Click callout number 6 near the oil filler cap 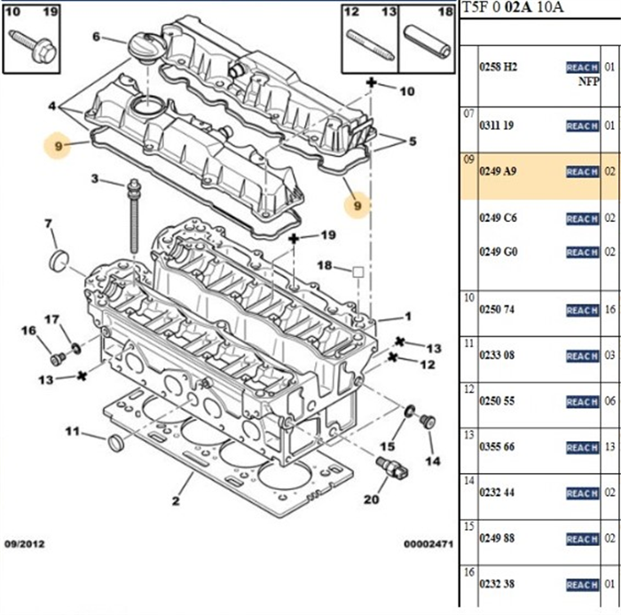coord(98,37)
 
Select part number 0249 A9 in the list coord(498,171)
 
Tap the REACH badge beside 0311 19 coord(582,126)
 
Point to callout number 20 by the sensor coord(371,500)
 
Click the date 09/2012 coord(25,543)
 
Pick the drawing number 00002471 coord(429,543)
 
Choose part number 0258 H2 coord(498,67)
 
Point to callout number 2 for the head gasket coord(176,503)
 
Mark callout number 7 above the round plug coord(49,223)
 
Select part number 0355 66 coord(498,447)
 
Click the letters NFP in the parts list coord(588,81)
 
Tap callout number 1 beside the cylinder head coord(408,316)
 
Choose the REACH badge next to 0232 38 coord(582,585)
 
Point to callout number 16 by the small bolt coord(28,331)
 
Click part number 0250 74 coord(498,310)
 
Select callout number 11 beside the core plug coord(72,431)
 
